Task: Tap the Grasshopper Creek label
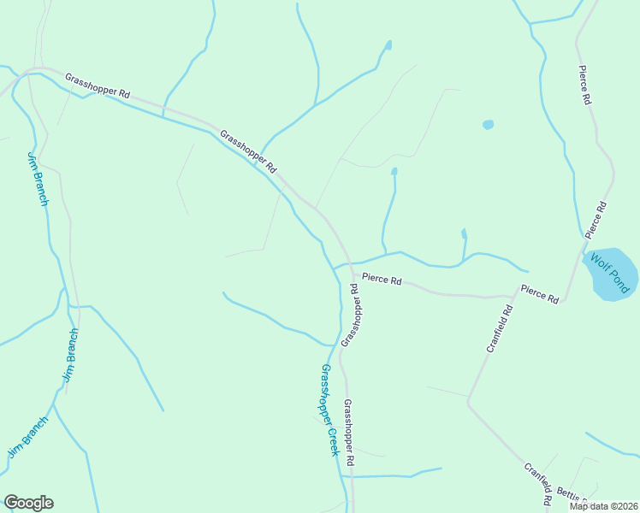pos(329,410)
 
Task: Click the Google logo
pos(28,503)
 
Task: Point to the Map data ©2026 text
pos(603,506)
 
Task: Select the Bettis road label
pos(572,494)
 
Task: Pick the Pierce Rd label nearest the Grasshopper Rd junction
pos(381,279)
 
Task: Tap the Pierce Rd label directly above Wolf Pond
pos(596,220)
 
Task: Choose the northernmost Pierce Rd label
pos(585,85)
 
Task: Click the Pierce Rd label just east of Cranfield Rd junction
pos(539,294)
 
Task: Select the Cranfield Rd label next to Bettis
pos(536,483)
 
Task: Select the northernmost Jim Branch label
pos(38,179)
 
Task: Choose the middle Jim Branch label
pos(70,354)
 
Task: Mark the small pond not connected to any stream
pos(488,124)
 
